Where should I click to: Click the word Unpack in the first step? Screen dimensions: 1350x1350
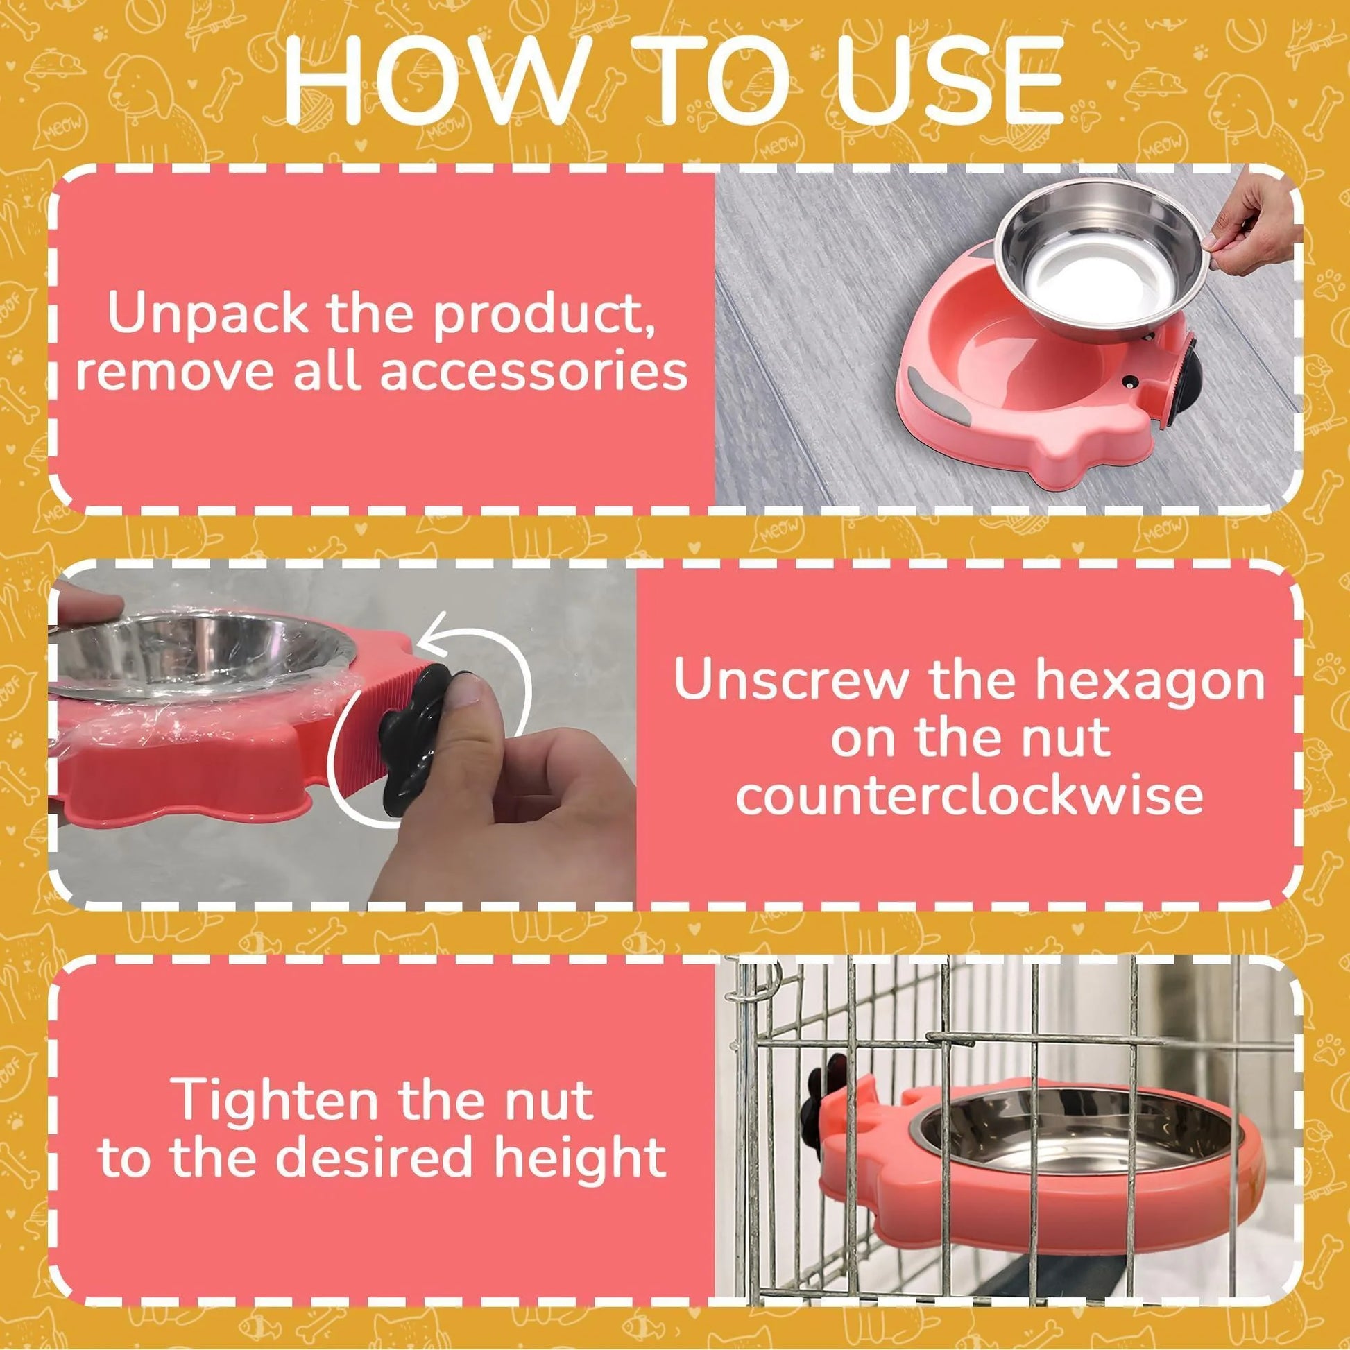point(208,315)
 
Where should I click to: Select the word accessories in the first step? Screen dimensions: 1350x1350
point(534,370)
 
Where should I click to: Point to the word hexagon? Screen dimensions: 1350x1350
point(1150,681)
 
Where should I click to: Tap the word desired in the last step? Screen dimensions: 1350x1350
point(377,1159)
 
